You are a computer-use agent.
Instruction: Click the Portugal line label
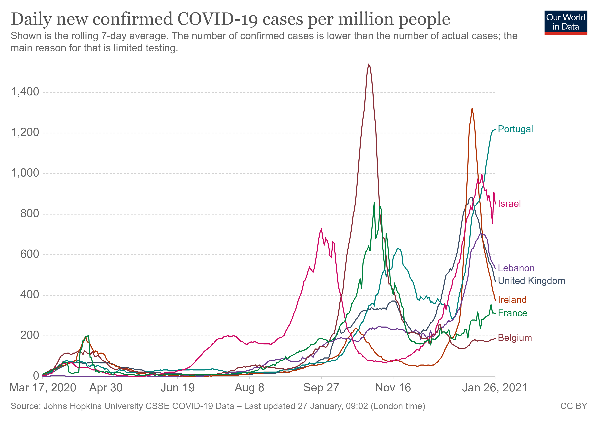(515, 129)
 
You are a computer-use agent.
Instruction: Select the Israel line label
(509, 204)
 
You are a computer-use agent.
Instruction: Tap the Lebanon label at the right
(516, 268)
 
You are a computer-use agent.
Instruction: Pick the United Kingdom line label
(531, 281)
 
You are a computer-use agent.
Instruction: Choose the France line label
(512, 313)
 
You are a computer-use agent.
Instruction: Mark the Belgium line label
(515, 338)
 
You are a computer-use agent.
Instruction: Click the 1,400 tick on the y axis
(25, 92)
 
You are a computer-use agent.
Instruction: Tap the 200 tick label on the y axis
(30, 335)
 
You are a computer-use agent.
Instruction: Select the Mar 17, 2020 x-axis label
(43, 388)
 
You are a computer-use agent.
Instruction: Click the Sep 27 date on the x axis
(321, 388)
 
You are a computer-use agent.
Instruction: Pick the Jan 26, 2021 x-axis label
(495, 388)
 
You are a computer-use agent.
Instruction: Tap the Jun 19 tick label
(178, 388)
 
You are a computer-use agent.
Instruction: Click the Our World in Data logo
(566, 22)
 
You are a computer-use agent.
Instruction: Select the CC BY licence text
(574, 406)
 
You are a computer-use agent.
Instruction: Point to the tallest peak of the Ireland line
(472, 109)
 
